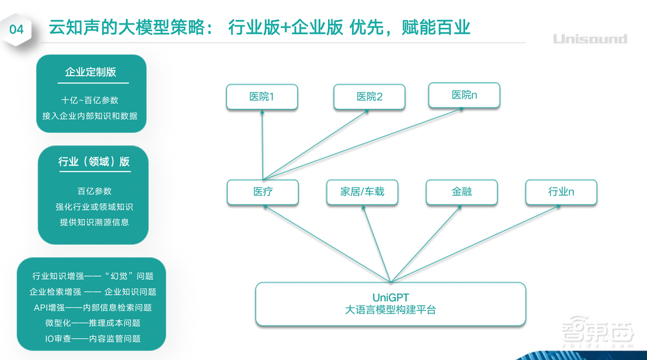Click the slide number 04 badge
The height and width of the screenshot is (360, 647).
17,29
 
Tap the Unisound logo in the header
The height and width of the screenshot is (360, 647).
589,39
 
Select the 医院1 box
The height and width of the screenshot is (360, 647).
262,96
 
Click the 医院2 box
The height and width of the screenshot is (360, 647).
369,96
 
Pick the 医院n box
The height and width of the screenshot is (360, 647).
464,95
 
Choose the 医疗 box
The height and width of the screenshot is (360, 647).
263,192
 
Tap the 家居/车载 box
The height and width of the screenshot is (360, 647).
362,192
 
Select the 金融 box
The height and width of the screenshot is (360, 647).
462,192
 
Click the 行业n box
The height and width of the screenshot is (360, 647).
561,192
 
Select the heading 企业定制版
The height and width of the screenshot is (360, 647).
91,72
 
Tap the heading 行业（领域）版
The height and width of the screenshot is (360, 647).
94,162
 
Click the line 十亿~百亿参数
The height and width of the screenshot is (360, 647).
90,100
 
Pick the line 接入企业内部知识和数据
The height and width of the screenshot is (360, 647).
90,116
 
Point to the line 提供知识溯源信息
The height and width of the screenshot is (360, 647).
94,222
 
